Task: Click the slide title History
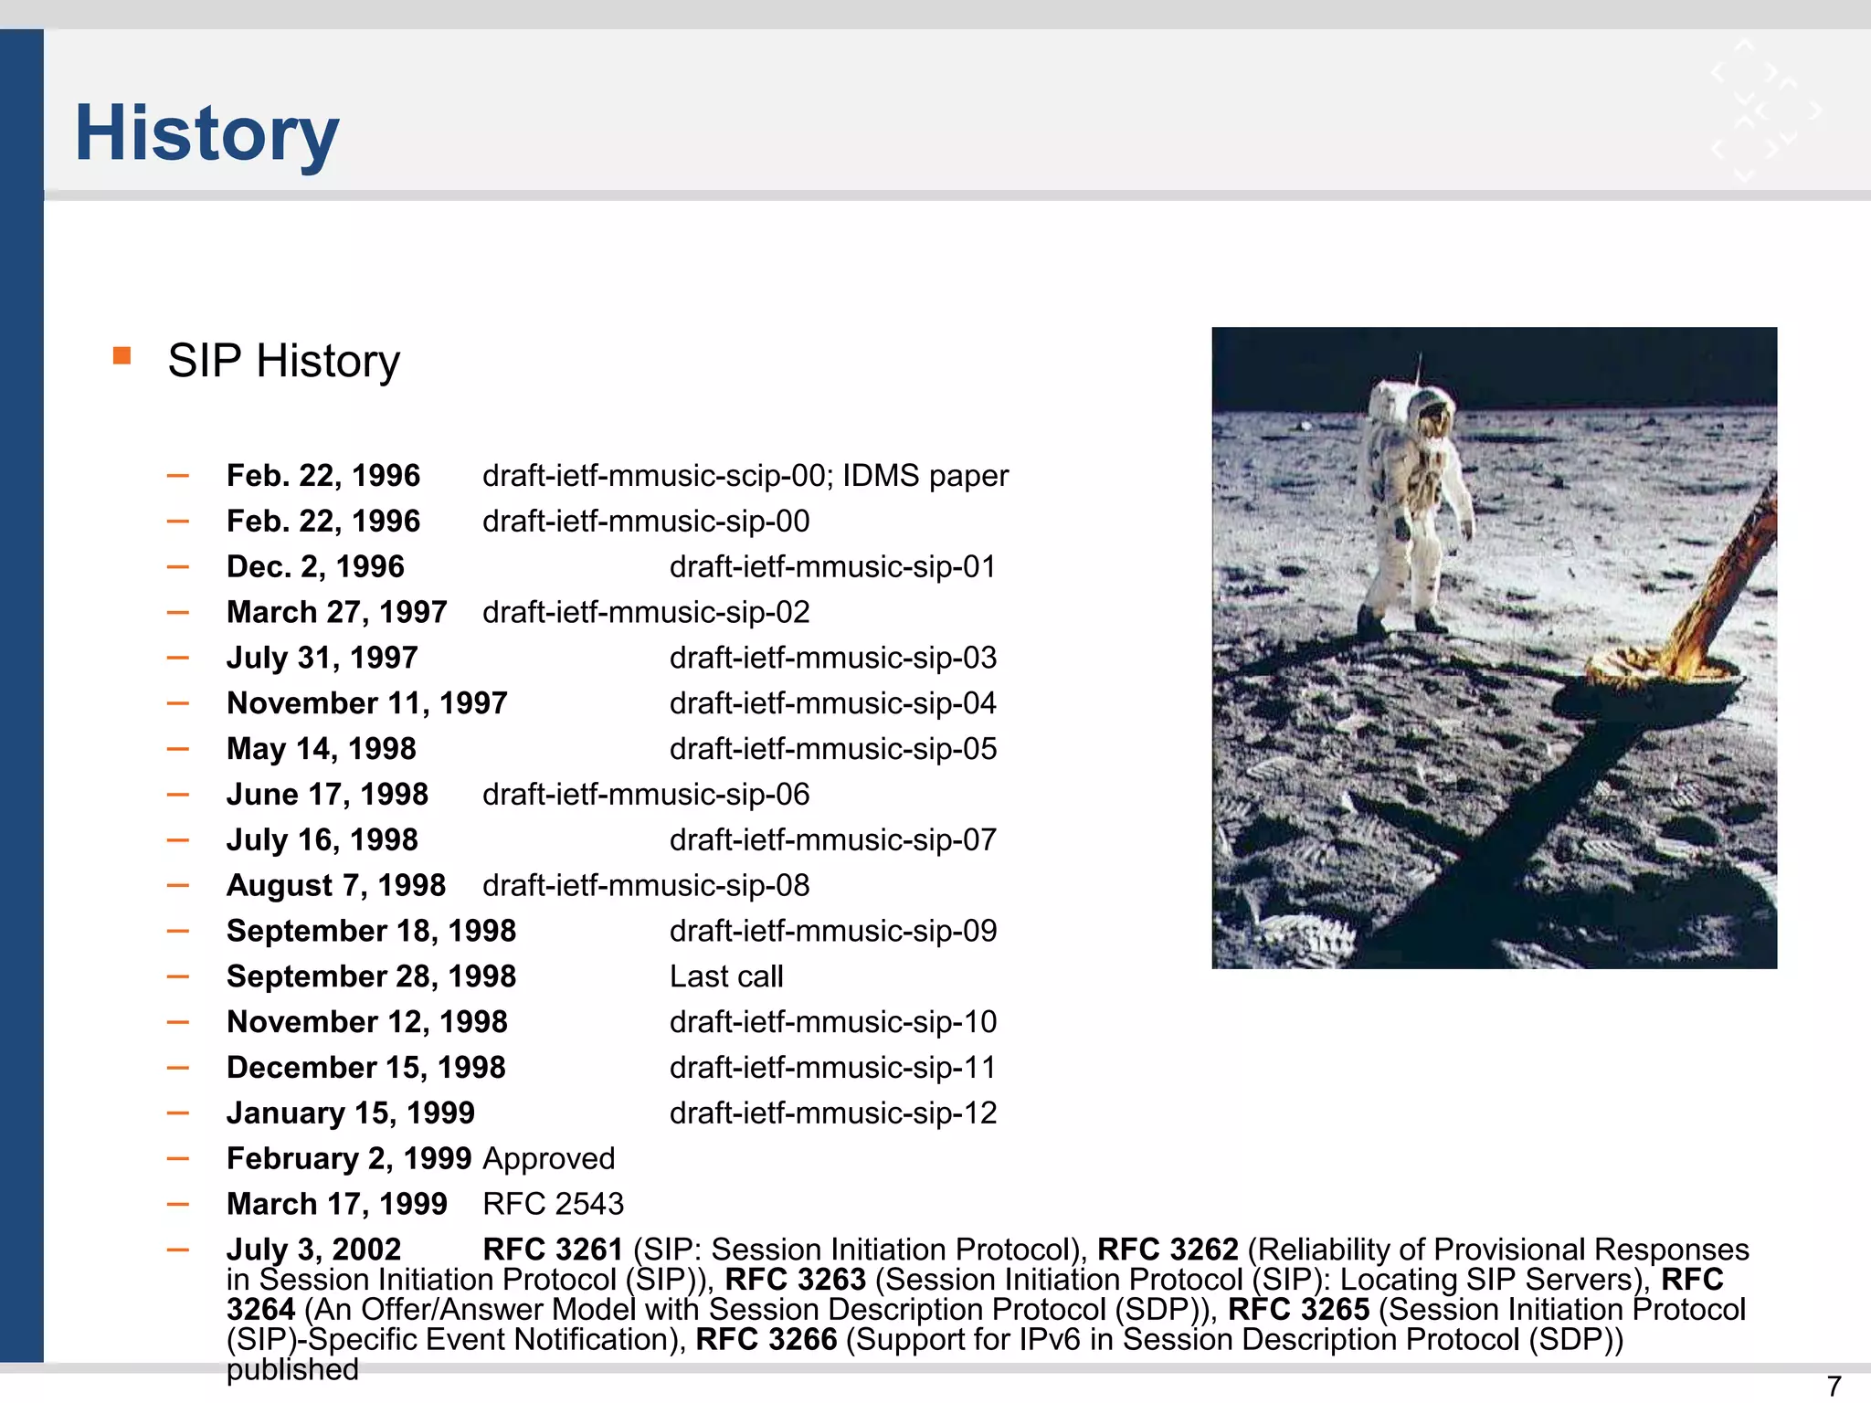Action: [x=206, y=133]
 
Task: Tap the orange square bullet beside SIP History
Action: [x=122, y=355]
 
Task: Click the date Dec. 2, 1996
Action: [x=315, y=566]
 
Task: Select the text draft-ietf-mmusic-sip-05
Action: [x=832, y=749]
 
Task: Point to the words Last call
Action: [x=726, y=976]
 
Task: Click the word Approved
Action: [x=549, y=1158]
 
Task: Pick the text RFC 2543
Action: [x=553, y=1204]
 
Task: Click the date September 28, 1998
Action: [x=371, y=976]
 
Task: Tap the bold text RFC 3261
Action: [x=553, y=1250]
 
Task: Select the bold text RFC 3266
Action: [x=766, y=1339]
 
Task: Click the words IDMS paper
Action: [x=925, y=476]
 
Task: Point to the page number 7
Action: [x=1833, y=1386]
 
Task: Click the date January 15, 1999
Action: [x=351, y=1113]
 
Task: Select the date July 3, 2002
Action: [x=313, y=1250]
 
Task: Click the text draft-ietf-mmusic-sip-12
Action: [x=832, y=1113]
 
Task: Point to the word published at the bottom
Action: [x=292, y=1369]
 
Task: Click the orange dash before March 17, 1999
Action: [x=178, y=1204]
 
